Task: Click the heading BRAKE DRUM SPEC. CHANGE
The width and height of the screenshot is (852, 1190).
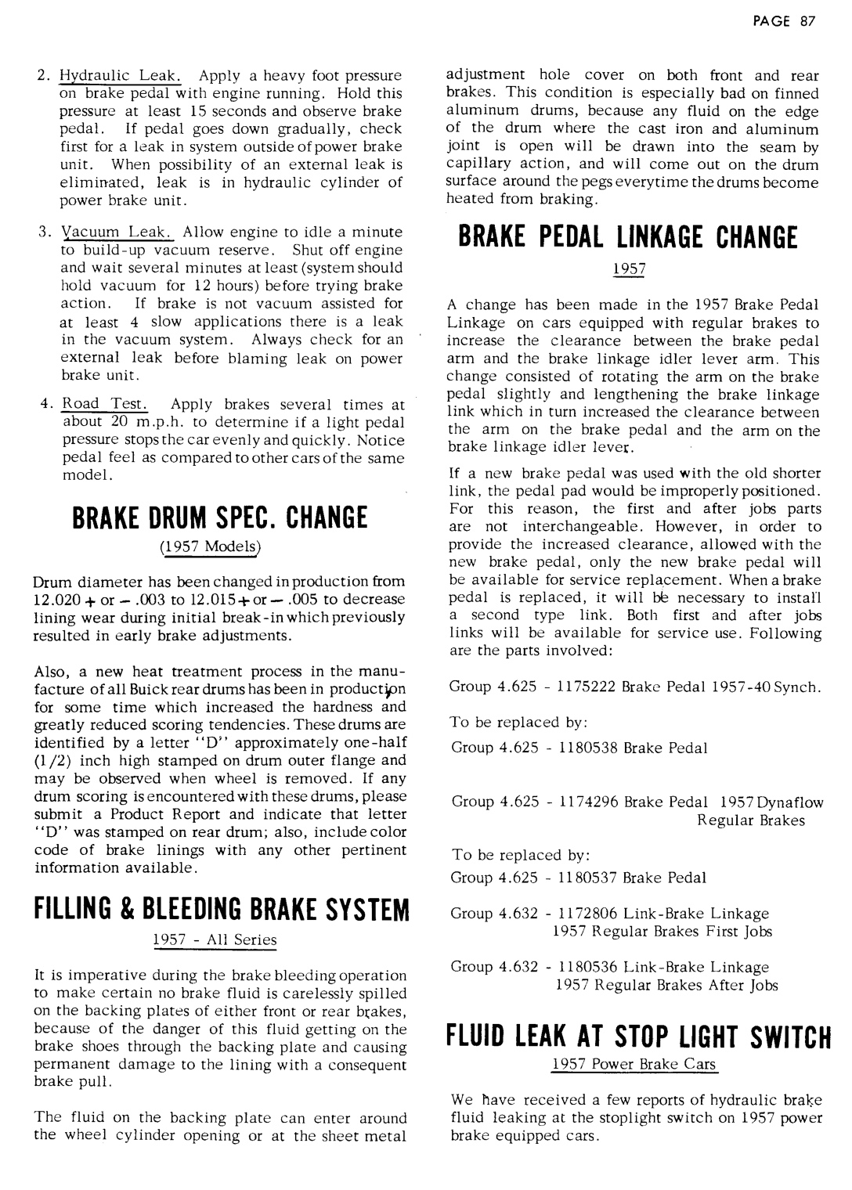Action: pos(222,518)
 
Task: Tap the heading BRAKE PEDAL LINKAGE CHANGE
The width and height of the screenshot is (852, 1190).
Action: pos(623,237)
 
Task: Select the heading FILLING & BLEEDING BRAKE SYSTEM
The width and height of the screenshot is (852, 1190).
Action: pos(222,911)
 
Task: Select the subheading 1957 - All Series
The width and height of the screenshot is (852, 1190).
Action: pos(215,939)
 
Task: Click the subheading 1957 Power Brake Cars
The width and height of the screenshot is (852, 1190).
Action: pos(634,1065)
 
